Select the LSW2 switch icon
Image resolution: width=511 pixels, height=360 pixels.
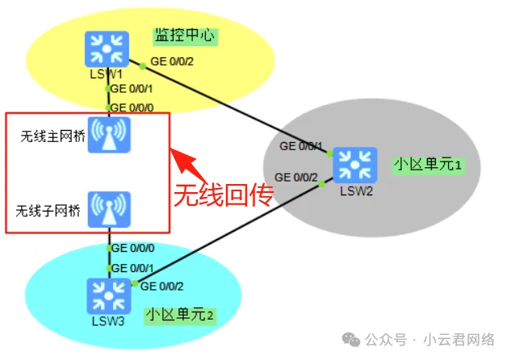coord(354,165)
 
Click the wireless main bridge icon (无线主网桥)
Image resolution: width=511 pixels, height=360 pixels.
coord(108,136)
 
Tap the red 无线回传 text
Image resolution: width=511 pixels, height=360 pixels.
coord(224,195)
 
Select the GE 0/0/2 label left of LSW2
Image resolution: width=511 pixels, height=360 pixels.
coord(296,177)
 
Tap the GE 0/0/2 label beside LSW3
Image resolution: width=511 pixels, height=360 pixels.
coord(162,286)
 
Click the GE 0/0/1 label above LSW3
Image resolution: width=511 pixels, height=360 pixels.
coord(132,267)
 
